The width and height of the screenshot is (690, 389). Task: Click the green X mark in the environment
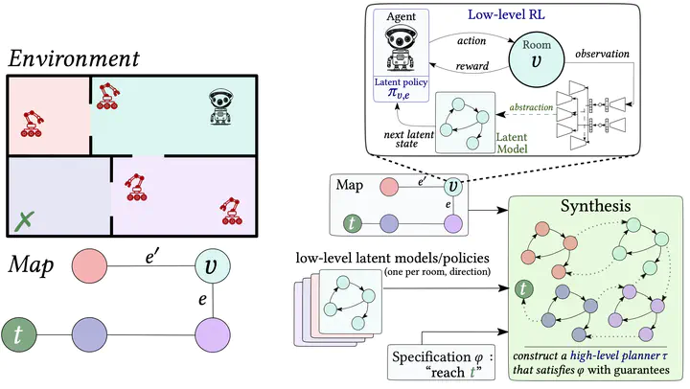25,221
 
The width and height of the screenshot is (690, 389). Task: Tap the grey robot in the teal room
221,107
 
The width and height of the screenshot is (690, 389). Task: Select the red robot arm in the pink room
32,124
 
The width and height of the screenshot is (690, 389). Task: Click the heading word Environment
74,58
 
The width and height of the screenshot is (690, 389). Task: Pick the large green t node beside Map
18,335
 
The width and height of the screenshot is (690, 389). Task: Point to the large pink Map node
89,265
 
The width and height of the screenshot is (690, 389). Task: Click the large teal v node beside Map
213,265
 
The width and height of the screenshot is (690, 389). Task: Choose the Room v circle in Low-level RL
537,58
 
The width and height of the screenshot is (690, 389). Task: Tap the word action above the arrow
471,41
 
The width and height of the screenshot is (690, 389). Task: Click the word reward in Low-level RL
472,66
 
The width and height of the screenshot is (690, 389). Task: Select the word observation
602,54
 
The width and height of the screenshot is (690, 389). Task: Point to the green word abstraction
531,107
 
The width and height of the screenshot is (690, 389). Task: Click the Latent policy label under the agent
401,82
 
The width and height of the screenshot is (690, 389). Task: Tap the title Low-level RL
506,14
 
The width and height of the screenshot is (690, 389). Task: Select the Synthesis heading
595,205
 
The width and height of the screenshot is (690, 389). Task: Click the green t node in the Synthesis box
523,289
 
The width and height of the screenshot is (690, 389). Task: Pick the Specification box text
442,364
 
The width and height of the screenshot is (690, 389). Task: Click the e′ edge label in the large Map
151,257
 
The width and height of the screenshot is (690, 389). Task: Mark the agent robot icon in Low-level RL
401,48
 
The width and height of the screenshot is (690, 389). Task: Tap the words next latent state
408,139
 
